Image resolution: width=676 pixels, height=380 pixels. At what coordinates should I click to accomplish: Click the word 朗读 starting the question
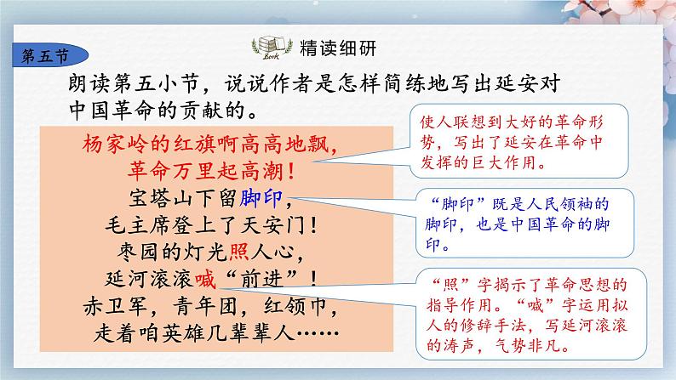point(91,84)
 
